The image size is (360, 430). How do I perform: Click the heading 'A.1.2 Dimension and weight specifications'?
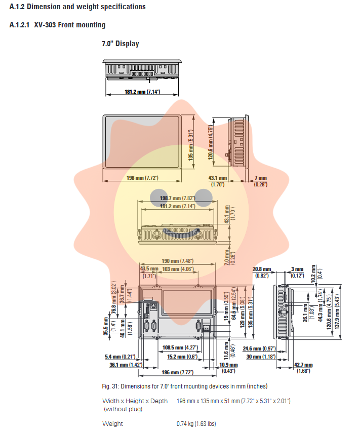click(77, 7)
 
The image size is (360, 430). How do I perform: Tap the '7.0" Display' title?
click(121, 44)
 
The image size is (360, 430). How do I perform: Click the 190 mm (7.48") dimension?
click(177, 261)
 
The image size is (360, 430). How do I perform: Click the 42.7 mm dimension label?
click(304, 365)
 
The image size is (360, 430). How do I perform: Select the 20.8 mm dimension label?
click(262, 269)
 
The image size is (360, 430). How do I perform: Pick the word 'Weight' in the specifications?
click(112, 424)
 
